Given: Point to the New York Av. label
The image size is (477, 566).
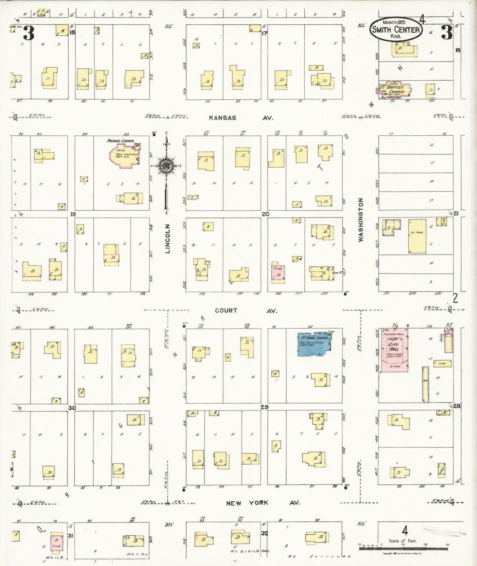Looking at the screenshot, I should [x=263, y=503].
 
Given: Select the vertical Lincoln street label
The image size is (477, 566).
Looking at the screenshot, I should [x=168, y=239].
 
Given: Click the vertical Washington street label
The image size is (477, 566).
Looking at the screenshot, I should [x=361, y=220].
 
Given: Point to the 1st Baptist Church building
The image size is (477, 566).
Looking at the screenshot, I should [x=394, y=89].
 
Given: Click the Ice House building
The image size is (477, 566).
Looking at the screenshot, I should [x=417, y=236].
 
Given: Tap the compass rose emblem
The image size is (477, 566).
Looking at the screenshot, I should [x=166, y=166].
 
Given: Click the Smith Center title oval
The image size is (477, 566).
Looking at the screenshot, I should [x=396, y=29].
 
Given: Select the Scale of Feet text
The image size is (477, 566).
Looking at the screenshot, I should [x=403, y=541].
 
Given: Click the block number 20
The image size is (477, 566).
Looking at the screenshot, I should [x=265, y=214].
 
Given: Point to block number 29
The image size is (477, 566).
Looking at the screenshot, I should [x=264, y=407].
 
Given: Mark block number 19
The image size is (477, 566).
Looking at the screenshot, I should [x=73, y=214].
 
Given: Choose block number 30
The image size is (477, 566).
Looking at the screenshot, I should [x=72, y=408].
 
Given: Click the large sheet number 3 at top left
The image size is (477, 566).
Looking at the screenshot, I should [x=28, y=33].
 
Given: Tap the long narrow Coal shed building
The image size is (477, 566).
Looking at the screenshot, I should [x=425, y=384].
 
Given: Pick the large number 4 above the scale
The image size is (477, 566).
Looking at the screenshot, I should [x=405, y=531].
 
